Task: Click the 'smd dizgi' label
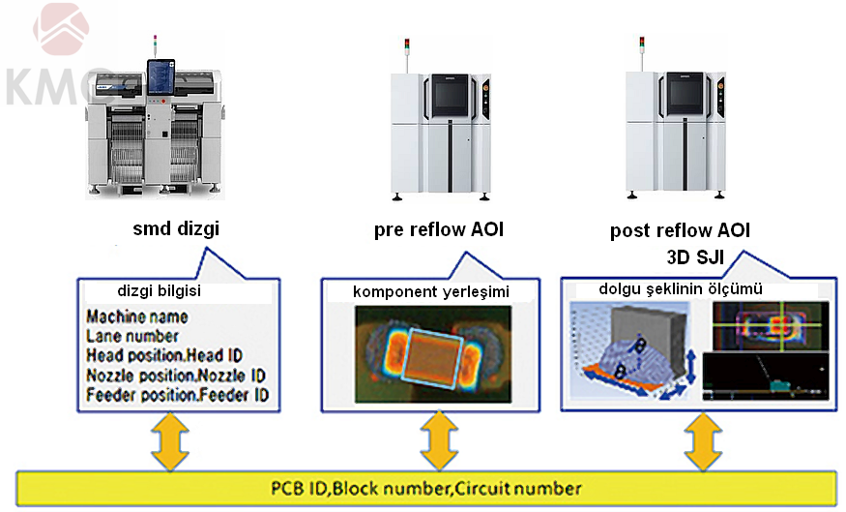pos(178,230)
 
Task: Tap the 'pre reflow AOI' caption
pos(438,230)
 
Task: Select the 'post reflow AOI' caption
pos(680,231)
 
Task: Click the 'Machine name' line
pos(136,316)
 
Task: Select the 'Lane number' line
pos(132,336)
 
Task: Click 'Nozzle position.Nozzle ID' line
pos(175,375)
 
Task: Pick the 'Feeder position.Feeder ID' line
pos(177,395)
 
